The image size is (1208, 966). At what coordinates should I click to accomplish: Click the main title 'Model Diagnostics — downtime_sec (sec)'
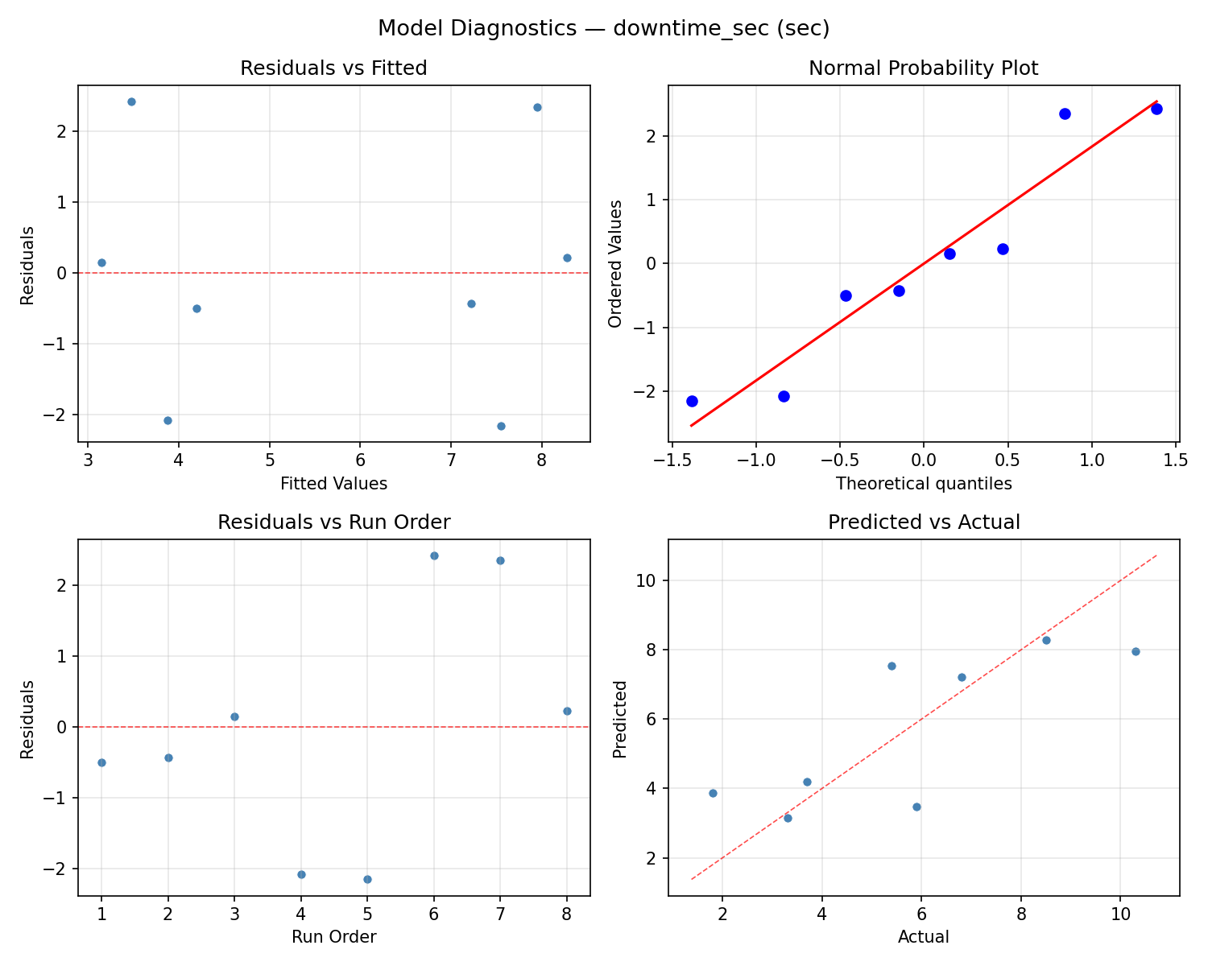pos(603,28)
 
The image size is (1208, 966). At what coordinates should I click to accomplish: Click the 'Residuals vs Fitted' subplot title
pos(333,68)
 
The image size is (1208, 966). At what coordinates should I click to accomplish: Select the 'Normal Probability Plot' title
pos(923,68)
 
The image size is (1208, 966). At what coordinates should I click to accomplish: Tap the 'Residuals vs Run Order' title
pos(333,522)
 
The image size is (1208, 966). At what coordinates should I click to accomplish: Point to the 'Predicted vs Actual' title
pos(923,522)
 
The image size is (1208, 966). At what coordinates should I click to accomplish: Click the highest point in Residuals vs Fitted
pos(131,101)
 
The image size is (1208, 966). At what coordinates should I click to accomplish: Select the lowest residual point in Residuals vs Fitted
pos(501,426)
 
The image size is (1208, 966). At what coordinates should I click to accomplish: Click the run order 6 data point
pos(434,555)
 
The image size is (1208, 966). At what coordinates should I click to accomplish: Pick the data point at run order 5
pos(367,879)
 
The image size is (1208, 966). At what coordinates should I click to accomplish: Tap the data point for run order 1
pos(101,762)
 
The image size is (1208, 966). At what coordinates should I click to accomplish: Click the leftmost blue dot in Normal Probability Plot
pos(692,401)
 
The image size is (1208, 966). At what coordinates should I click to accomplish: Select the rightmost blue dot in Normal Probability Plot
pos(1156,109)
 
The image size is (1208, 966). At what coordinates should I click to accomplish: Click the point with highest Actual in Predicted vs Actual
pos(1136,651)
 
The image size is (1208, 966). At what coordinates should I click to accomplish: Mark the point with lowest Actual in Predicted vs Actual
pos(713,793)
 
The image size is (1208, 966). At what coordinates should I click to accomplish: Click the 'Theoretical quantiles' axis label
pos(923,484)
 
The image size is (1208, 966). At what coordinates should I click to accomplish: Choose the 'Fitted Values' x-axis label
pos(333,484)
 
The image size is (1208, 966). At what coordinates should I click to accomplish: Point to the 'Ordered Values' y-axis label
pos(616,263)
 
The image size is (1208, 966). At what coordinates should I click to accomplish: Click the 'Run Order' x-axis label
pos(333,937)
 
